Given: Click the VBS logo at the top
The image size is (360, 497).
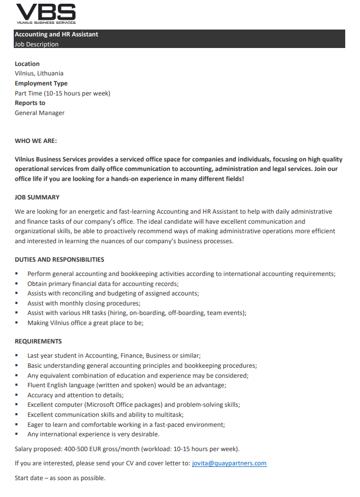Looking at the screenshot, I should (45, 13).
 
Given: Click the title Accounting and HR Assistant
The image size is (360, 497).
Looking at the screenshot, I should (56, 34).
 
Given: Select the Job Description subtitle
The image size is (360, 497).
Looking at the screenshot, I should (36, 44).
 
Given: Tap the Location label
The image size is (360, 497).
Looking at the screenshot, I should (27, 64).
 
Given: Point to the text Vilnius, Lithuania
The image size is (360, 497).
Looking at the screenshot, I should (39, 73).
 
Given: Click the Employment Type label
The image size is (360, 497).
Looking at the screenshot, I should (41, 83).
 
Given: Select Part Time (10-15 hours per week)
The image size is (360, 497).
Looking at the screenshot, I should (62, 93).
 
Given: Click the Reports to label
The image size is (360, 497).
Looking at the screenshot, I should (30, 103).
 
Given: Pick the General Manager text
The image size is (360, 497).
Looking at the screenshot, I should (40, 112).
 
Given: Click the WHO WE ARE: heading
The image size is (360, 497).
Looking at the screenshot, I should (35, 141).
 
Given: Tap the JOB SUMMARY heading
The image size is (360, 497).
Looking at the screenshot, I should (37, 197).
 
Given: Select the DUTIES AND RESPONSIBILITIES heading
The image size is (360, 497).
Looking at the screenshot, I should (59, 260).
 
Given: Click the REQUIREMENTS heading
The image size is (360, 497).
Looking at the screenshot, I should (38, 341).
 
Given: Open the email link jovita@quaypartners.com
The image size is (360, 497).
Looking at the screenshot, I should (229, 463).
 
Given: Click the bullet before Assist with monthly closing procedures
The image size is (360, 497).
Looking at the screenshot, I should (17, 303).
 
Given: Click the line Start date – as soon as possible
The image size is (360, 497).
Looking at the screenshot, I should (60, 478).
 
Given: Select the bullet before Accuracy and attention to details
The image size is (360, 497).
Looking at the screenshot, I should (17, 395).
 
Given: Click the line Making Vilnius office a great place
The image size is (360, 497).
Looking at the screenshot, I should (85, 323).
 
